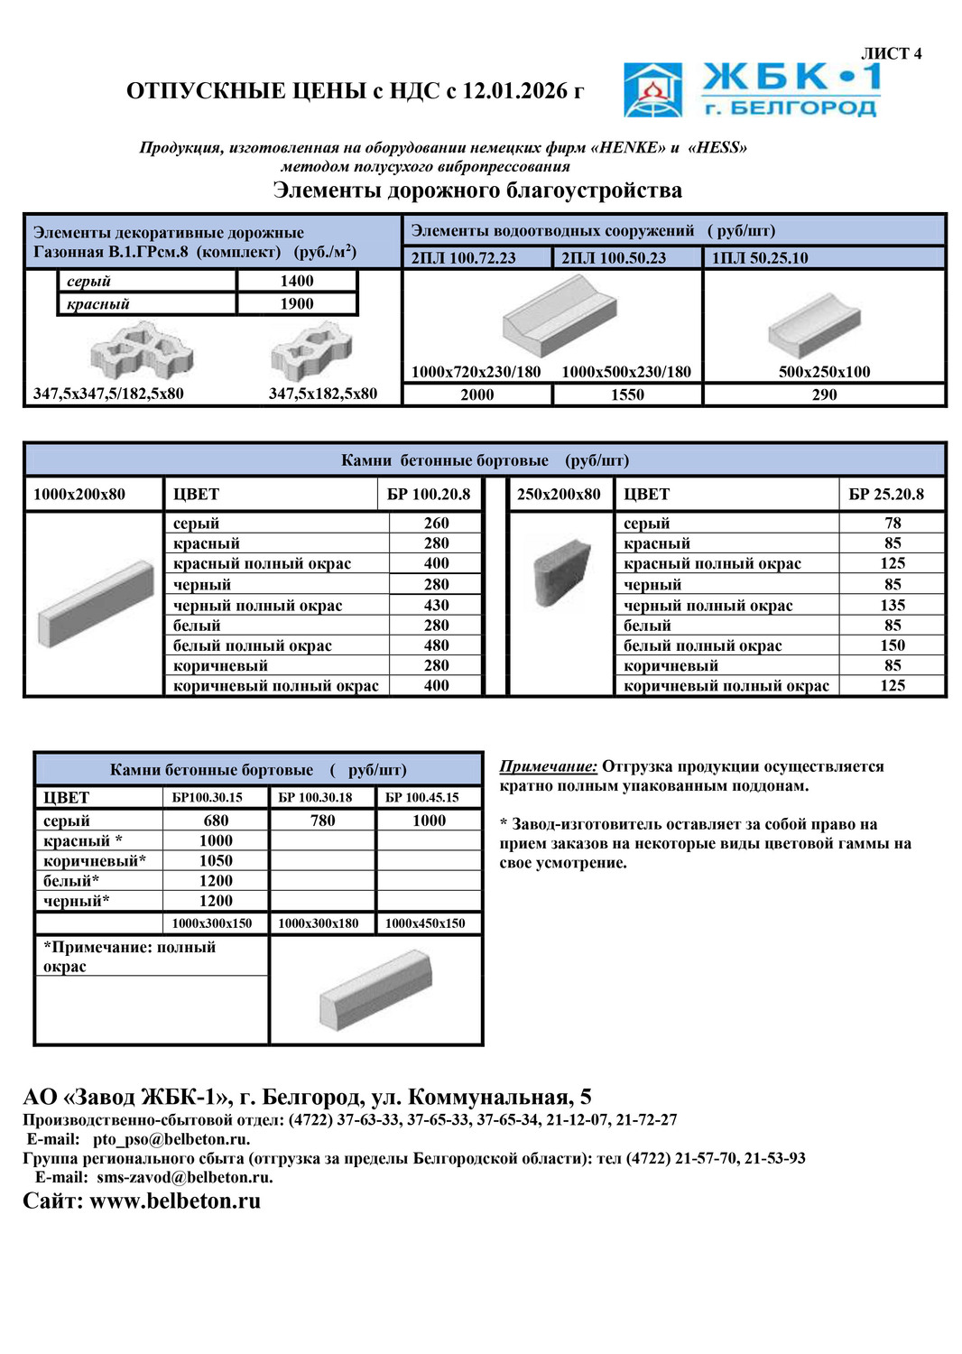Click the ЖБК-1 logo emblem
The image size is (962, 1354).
click(652, 90)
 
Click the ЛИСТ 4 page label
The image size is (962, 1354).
click(891, 54)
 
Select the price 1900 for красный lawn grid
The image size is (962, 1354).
click(297, 304)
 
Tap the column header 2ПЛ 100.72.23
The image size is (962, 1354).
click(464, 258)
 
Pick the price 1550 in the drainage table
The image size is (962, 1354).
click(627, 394)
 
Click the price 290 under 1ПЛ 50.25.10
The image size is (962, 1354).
click(824, 394)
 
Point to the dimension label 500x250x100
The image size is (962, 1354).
click(824, 372)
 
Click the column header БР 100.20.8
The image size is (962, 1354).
click(429, 495)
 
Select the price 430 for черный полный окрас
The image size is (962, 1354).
click(437, 606)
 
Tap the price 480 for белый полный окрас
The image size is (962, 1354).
click(437, 645)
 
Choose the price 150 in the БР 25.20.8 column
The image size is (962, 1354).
click(893, 645)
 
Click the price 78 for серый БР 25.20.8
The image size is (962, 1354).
click(893, 524)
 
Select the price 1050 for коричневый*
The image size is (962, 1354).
click(216, 861)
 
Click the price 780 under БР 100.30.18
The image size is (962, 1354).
click(322, 821)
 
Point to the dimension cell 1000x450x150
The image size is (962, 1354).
click(425, 923)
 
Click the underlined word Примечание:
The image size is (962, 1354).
click(548, 766)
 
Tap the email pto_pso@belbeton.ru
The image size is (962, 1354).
click(171, 1139)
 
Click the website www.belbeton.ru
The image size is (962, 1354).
click(175, 1201)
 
